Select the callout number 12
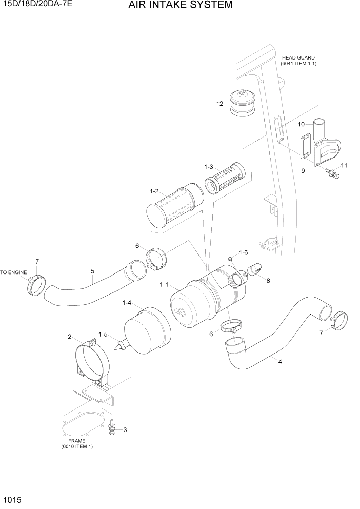[x=219, y=104]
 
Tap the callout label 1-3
[x=208, y=167]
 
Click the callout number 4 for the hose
[x=279, y=362]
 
